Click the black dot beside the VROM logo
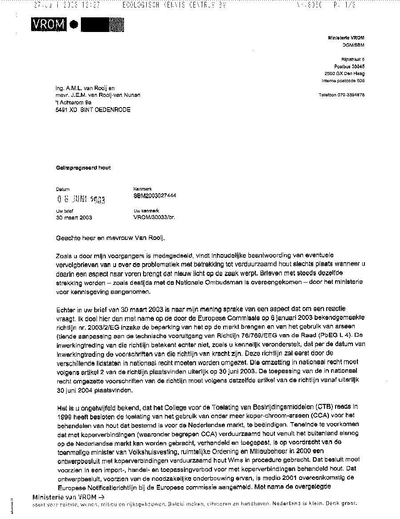point(73,26)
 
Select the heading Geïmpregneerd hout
point(83,168)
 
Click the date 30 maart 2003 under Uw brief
point(74,218)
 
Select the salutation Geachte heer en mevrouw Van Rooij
point(110,238)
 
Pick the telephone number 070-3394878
point(352,95)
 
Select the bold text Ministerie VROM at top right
point(346,38)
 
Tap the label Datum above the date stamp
point(63,189)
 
